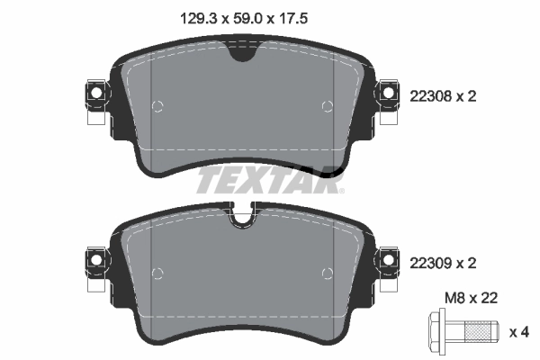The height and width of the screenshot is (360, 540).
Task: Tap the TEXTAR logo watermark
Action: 270,180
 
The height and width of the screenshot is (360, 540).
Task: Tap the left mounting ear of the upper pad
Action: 94,93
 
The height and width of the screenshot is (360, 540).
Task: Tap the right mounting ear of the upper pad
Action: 389,93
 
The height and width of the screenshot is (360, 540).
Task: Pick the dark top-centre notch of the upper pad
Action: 241,54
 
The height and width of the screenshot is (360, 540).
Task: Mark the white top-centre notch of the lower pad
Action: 241,216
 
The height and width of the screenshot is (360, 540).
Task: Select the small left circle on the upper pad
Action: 158,107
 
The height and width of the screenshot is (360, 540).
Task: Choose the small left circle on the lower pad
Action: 158,273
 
